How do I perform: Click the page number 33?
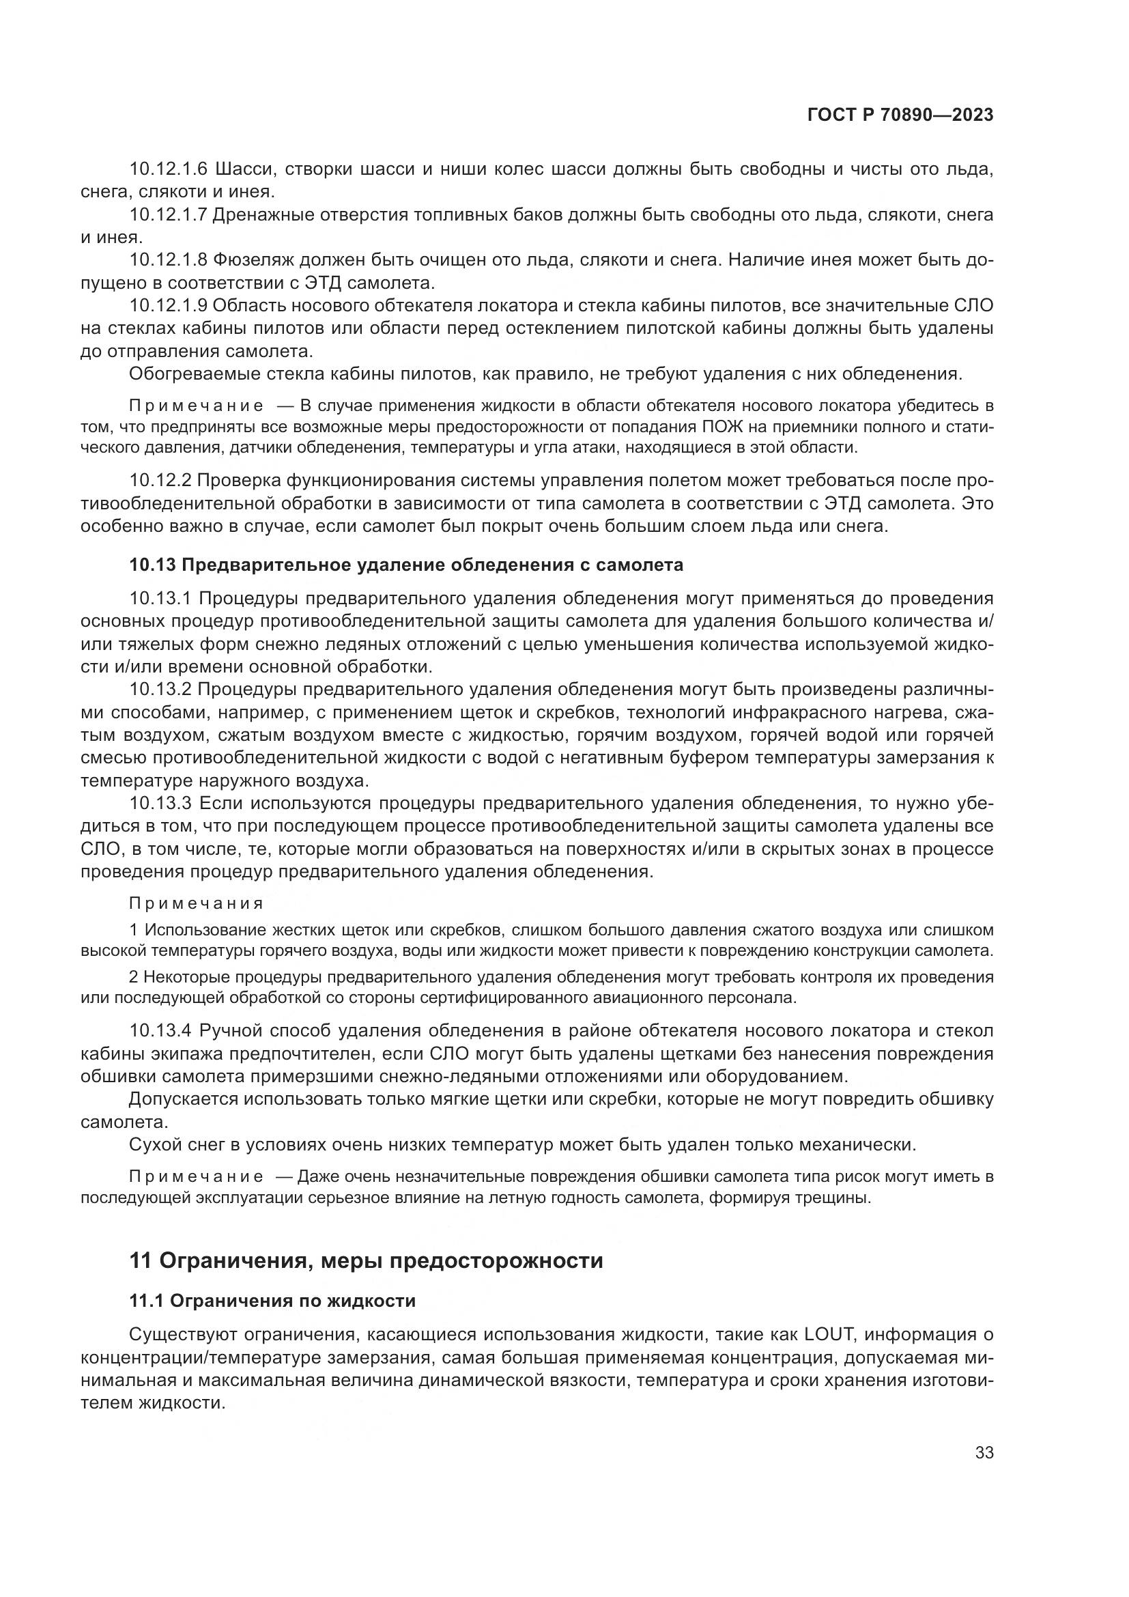click(x=984, y=1452)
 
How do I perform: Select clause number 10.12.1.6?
click(x=169, y=169)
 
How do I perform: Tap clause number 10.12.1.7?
click(x=169, y=215)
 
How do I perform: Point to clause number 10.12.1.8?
click(x=169, y=260)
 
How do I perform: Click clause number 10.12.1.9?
click(x=169, y=305)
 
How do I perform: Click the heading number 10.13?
click(x=152, y=565)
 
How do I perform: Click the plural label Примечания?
click(x=197, y=903)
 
